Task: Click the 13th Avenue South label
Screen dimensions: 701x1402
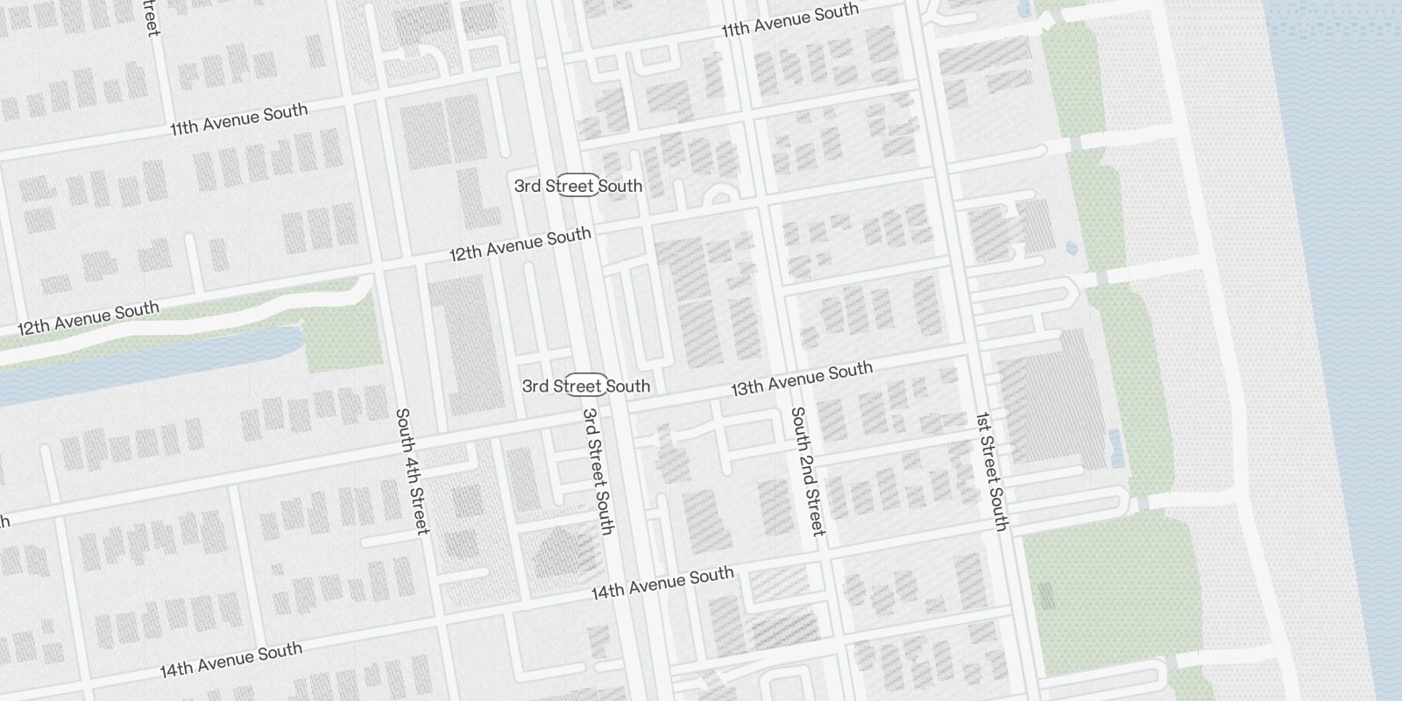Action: [x=802, y=378]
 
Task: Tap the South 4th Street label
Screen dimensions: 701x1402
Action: [x=411, y=471]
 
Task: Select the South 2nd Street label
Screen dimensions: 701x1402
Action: [x=807, y=471]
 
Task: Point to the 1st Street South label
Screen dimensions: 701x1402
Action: [x=992, y=471]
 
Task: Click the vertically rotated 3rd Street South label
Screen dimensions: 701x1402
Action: [x=598, y=471]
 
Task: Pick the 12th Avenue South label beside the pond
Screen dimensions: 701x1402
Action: [x=89, y=318]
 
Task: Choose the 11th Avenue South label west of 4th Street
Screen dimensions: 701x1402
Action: [x=238, y=118]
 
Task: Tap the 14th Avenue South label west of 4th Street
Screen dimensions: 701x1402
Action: [x=230, y=659]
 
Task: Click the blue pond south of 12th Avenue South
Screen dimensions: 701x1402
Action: [x=149, y=364]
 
